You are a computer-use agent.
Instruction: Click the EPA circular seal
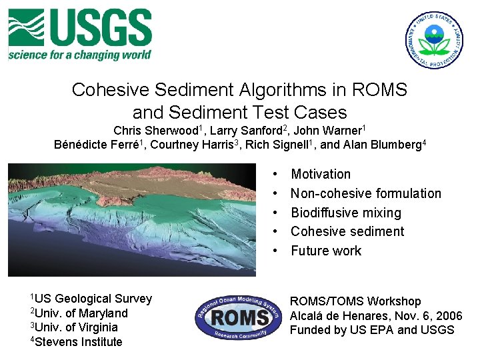(x=435, y=40)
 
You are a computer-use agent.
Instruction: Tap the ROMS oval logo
(x=239, y=317)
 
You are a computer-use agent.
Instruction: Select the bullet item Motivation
(x=321, y=174)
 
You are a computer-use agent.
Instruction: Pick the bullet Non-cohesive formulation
(x=366, y=193)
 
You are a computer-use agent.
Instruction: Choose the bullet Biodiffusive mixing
(x=346, y=213)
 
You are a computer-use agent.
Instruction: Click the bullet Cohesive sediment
(x=347, y=231)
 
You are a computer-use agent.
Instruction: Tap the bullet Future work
(x=326, y=251)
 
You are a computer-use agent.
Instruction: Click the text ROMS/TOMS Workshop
(x=355, y=302)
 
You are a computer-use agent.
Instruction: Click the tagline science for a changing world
(x=79, y=55)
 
